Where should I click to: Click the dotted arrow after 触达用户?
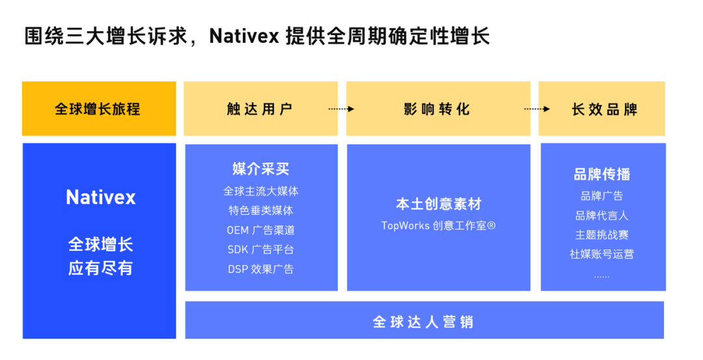341,109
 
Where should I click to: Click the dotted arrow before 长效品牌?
537,109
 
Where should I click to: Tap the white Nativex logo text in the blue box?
100,197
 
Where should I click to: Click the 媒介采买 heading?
261,169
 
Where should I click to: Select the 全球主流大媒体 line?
261,191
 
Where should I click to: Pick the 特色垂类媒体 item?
261,211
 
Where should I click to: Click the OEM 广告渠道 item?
261,230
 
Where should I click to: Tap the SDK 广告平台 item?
261,249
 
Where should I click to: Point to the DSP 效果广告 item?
261,269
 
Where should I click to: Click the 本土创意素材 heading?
438,204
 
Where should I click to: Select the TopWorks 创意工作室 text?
438,226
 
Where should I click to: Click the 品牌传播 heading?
602,174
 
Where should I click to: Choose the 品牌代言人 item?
602,215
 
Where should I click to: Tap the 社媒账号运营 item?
602,254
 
